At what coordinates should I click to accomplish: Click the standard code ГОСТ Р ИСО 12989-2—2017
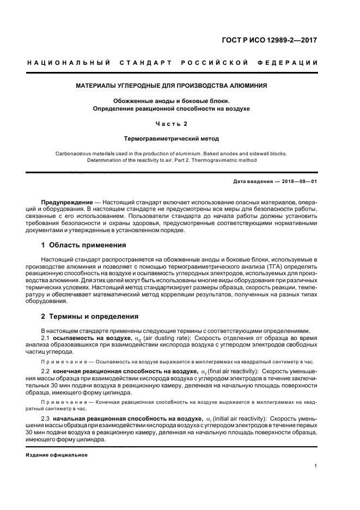click(277, 40)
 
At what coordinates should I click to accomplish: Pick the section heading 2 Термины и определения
click(90, 316)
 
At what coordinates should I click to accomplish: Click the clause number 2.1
click(46, 338)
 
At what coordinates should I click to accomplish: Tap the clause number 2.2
click(46, 371)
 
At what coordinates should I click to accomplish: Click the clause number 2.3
click(46, 417)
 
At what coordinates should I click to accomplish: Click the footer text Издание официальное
click(57, 454)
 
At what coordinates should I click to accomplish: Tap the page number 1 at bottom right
click(316, 466)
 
